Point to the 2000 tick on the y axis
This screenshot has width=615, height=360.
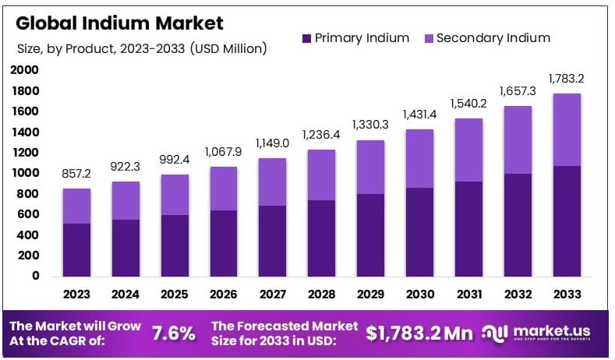coord(25,70)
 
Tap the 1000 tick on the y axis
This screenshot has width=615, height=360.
coord(25,173)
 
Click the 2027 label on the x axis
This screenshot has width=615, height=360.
coord(273,295)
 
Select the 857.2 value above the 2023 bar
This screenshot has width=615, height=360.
coord(76,174)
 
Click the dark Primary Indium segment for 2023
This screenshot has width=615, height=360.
coord(76,249)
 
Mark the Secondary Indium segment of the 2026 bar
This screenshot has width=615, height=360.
coord(224,188)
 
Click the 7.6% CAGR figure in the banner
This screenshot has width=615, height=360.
coord(173,334)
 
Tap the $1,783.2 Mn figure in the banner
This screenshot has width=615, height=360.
coord(419,334)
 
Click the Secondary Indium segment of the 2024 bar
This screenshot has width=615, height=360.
coord(125,200)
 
